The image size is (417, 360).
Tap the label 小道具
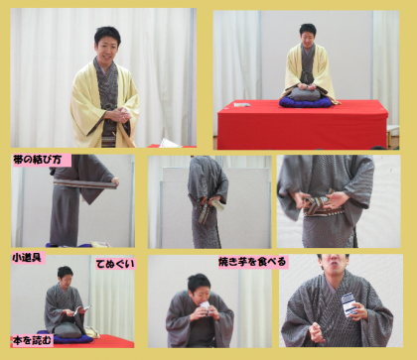click(x=28, y=258)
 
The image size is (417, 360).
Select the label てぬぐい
click(x=115, y=264)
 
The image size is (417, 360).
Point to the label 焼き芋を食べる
click(x=252, y=262)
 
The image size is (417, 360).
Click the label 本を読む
click(x=32, y=340)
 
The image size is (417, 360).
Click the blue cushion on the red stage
click(x=305, y=102)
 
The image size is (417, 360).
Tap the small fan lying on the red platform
click(x=242, y=105)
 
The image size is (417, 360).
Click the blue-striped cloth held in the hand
click(x=348, y=304)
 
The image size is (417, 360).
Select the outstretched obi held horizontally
click(x=84, y=183)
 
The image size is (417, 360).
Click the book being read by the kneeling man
click(x=81, y=309)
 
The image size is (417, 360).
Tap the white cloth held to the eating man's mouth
click(x=206, y=305)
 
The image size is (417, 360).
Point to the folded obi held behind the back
click(x=206, y=212)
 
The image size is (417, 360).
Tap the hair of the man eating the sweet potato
click(x=199, y=282)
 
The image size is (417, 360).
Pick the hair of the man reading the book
click(x=65, y=272)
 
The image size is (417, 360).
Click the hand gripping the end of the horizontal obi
click(x=115, y=181)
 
